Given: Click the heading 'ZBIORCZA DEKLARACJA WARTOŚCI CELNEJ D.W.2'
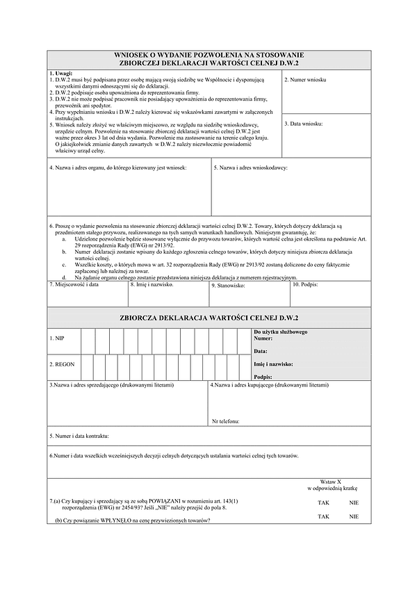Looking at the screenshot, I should (208, 318).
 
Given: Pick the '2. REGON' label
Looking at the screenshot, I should (61, 363).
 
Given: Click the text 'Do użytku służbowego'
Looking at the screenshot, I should (280, 331).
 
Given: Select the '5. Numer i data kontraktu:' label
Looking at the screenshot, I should (79, 436).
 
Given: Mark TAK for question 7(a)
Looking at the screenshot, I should (324, 502).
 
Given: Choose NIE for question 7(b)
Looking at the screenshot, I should (354, 516).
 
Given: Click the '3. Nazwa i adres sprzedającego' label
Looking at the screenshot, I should (111, 384).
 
